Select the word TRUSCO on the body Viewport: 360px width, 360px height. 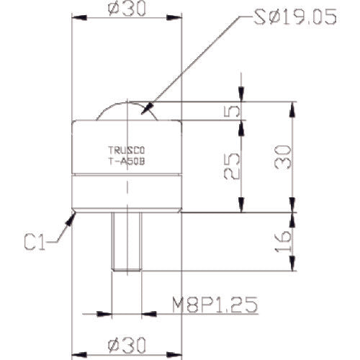click(x=127, y=151)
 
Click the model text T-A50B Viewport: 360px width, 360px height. click(x=127, y=162)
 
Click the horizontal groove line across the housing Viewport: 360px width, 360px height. click(x=127, y=175)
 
